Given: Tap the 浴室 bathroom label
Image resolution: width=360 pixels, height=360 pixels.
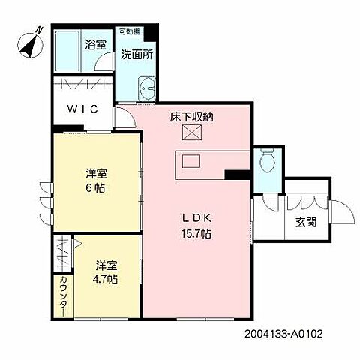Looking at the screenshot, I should (x=95, y=43).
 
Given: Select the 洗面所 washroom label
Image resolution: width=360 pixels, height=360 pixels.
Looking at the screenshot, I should (x=137, y=55).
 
